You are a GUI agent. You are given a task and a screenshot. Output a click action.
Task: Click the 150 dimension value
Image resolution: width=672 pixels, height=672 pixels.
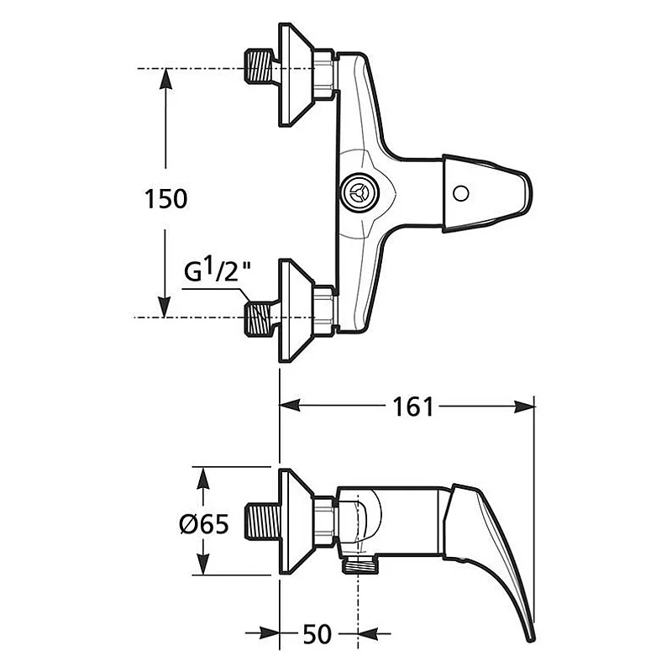165,199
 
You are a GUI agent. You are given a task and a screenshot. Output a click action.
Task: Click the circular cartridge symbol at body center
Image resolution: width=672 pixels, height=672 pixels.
359,194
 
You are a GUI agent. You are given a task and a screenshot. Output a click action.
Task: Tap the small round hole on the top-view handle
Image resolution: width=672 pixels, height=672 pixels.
459,194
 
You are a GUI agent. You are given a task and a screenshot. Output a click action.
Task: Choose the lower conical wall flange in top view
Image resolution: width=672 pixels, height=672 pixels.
296,310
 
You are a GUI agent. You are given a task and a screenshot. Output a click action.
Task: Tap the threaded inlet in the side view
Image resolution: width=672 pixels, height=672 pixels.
264,522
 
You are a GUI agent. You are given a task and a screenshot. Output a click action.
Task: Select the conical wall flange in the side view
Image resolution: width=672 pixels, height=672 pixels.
296,522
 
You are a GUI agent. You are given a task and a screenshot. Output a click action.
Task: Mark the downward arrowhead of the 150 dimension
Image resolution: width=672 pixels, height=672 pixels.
165,307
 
